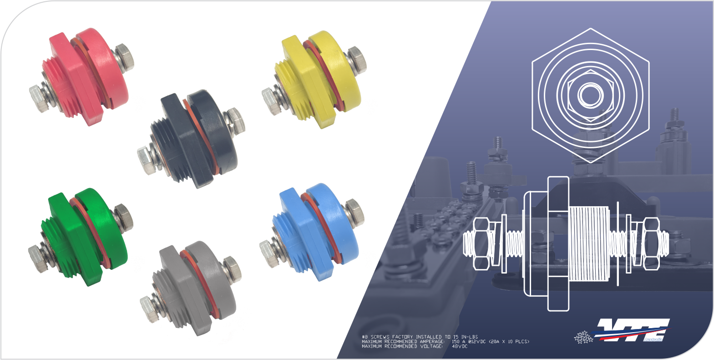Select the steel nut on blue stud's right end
354,212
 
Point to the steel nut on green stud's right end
122,217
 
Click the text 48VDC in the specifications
460,346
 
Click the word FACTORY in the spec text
403,337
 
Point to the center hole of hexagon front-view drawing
590,95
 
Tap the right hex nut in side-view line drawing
651,243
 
